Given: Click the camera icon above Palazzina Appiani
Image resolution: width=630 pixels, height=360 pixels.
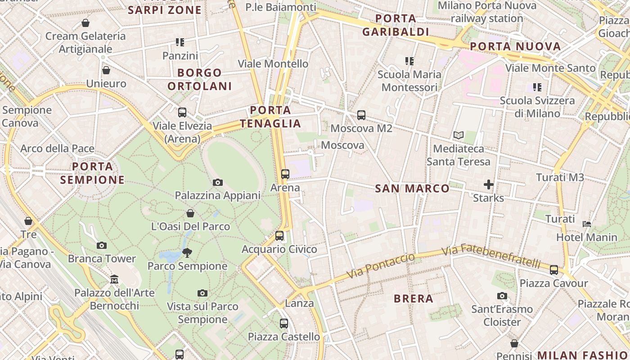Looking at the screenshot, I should tap(218, 182).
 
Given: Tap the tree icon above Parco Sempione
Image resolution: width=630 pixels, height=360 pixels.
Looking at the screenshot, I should tap(187, 253).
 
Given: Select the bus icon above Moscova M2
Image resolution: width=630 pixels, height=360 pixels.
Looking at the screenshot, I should tap(361, 115).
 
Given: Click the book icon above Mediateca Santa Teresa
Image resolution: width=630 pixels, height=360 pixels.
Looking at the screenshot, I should tap(459, 135).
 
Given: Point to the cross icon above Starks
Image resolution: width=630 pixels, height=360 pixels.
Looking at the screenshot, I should tap(489, 184).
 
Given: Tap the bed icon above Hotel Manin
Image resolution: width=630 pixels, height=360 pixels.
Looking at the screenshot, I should tap(587, 224).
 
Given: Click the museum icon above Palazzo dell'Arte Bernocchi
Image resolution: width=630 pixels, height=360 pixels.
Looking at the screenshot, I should tap(114, 279).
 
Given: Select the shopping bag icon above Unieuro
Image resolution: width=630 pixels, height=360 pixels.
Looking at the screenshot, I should tap(106, 70).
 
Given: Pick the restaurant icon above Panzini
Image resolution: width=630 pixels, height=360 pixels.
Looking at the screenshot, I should tap(180, 42).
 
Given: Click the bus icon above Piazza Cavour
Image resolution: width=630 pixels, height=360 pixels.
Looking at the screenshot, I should tap(554, 270).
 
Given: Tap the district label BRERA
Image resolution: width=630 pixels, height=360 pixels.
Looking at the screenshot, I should tap(414, 299).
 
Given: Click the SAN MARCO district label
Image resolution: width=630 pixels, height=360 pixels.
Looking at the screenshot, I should tap(412, 189).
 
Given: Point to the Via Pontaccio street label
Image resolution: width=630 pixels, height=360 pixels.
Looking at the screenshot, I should tap(381, 266).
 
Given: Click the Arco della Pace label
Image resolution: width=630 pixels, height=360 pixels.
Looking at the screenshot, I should tap(58, 148).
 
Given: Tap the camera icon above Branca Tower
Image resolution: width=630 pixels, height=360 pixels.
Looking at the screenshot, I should tap(102, 245).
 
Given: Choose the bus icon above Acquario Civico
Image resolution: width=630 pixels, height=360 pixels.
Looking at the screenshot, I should tap(279, 236).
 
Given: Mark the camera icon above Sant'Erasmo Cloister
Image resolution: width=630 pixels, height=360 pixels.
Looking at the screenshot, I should tap(502, 296).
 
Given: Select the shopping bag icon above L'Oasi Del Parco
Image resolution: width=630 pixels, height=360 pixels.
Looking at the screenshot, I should tap(190, 213).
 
